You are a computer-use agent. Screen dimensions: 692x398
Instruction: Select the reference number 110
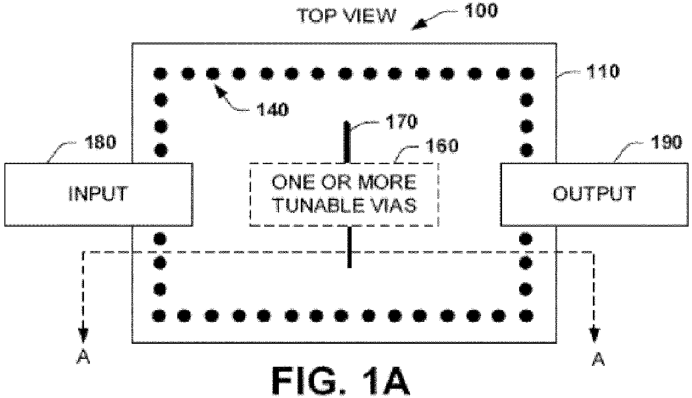(x=603, y=71)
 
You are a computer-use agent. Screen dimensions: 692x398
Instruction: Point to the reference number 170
(x=401, y=122)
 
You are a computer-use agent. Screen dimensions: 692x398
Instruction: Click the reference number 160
(x=441, y=146)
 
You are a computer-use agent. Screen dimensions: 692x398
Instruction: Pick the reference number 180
(x=101, y=142)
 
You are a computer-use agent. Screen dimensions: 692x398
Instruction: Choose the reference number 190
(x=666, y=143)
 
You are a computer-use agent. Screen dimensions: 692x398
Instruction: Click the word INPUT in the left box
(x=98, y=193)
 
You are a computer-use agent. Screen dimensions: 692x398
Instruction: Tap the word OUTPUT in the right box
(x=594, y=194)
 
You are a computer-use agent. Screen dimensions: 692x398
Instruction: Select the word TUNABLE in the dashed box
(x=321, y=205)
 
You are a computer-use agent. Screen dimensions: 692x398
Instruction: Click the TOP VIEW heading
(x=346, y=16)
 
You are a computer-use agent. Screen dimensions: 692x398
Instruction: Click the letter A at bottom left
(x=83, y=358)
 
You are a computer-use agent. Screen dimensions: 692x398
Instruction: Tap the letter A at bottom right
(x=598, y=359)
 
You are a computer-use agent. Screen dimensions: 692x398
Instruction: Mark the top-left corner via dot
(x=161, y=74)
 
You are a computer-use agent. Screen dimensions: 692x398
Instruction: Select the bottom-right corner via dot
(x=526, y=316)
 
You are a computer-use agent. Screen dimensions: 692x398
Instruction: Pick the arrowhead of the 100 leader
(x=418, y=25)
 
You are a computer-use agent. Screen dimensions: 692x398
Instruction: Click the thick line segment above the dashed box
(x=347, y=142)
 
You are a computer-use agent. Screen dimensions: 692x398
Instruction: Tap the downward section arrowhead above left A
(x=83, y=335)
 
